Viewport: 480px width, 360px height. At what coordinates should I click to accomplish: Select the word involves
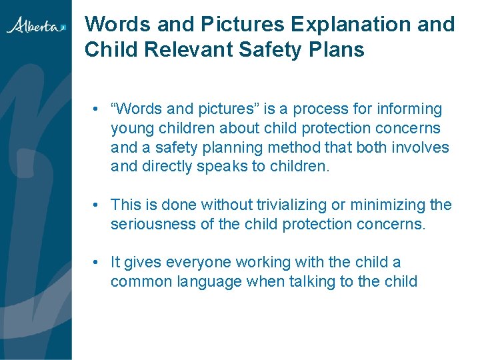coord(421,147)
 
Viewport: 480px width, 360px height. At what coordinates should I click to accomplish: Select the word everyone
coord(198,263)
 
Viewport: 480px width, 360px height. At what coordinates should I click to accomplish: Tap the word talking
coord(311,281)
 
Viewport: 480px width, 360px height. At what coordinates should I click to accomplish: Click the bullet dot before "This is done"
coord(97,205)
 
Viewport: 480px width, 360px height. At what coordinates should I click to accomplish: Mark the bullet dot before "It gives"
coord(97,263)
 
